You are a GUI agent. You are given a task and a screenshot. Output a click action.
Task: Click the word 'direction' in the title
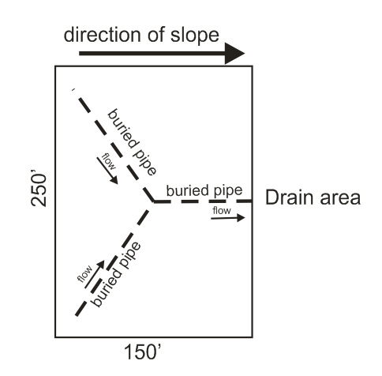coord(102,35)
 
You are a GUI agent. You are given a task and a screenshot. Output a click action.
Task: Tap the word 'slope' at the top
coord(195,36)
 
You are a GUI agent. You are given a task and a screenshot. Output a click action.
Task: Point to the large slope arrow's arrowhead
coord(235,54)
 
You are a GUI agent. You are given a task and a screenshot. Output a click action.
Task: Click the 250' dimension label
coord(39,190)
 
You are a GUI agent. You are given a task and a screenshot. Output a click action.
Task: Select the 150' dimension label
coord(142,352)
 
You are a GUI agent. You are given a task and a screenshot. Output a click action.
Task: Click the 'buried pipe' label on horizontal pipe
coord(204,190)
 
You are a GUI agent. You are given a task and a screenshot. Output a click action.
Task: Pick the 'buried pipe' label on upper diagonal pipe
coord(133,142)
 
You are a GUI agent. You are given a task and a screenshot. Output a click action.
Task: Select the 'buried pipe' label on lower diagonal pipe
coord(116,274)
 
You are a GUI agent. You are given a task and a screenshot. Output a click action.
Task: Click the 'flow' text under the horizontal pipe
coord(222,211)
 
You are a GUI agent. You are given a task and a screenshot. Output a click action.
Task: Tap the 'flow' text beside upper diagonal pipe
coord(109,161)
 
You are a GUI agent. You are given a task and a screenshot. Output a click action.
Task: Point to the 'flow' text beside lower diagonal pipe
coord(85,274)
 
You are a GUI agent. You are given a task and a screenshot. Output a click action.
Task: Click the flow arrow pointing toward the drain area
coord(228,218)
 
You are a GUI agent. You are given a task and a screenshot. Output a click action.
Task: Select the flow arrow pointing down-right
coord(107,171)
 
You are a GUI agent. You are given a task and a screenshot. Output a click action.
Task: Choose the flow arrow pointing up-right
coord(95,274)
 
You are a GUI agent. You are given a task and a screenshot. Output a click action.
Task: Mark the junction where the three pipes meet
coord(153,201)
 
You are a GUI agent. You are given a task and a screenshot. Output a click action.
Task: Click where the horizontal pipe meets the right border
coord(253,201)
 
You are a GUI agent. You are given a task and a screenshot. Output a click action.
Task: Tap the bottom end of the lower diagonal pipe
coord(77,315)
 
